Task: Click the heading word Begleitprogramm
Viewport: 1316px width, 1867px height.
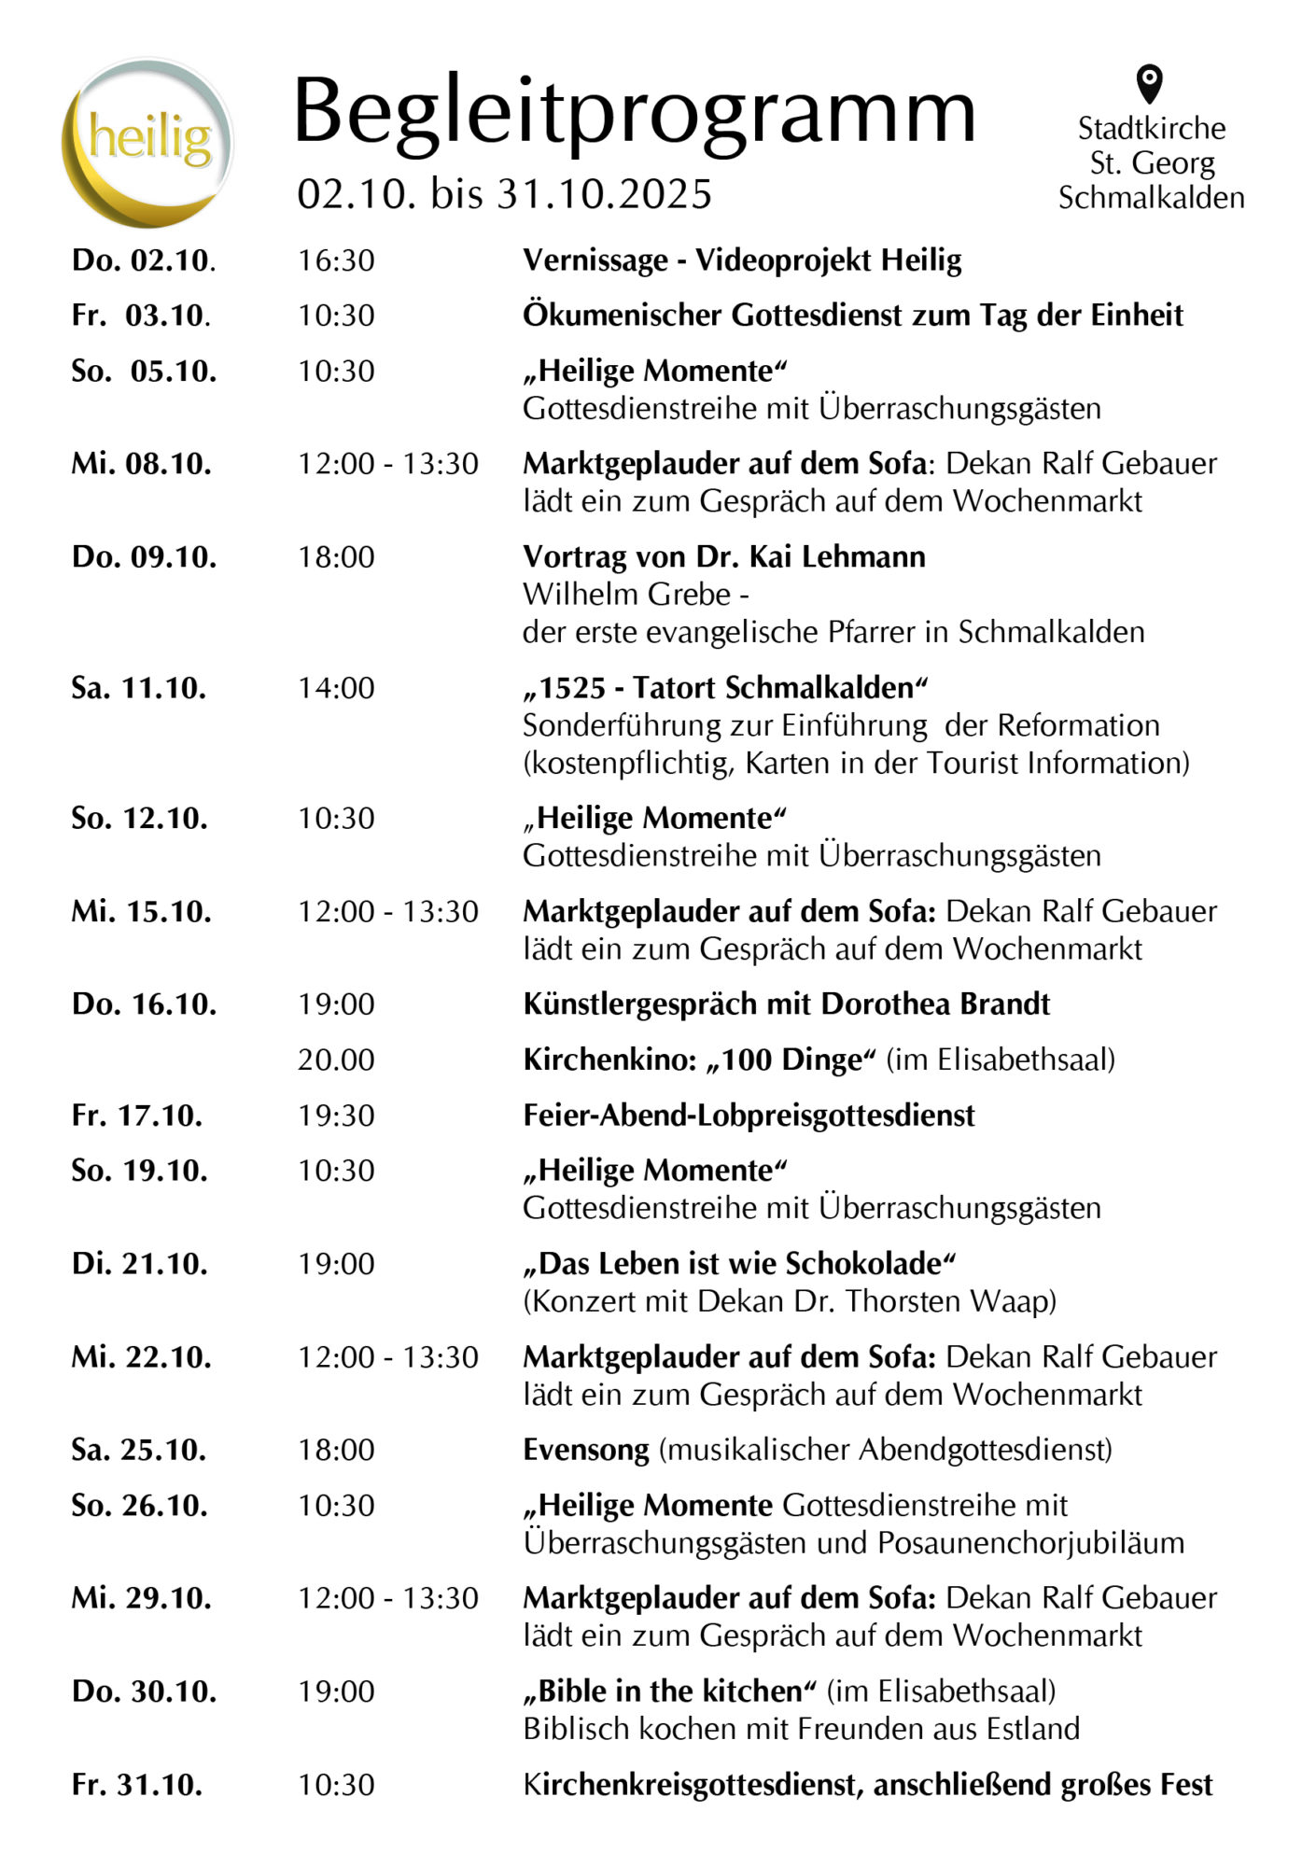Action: tap(635, 112)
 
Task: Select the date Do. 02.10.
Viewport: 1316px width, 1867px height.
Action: tap(144, 260)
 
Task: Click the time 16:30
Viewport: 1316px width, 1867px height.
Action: tap(336, 260)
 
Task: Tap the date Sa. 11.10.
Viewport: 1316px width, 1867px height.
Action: tap(139, 688)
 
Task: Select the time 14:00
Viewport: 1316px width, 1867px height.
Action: tap(336, 688)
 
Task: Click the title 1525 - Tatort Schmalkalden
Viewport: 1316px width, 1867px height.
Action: tap(725, 688)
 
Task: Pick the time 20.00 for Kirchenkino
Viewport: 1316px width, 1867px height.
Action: tap(336, 1060)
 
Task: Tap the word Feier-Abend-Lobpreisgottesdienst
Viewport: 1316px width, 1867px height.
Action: tap(749, 1116)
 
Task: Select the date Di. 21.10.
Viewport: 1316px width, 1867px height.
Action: tap(140, 1264)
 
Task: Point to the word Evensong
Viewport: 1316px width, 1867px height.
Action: tap(586, 1450)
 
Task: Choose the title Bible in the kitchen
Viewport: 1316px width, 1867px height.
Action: tap(670, 1692)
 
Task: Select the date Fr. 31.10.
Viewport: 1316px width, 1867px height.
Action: tap(137, 1785)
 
